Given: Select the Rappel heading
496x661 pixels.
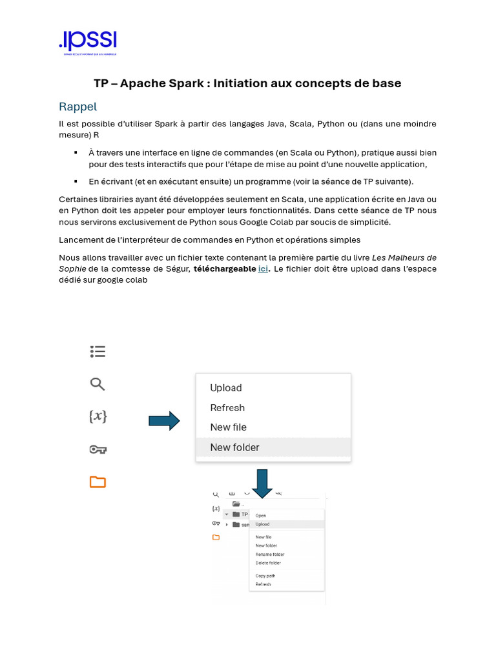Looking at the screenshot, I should click(77, 107).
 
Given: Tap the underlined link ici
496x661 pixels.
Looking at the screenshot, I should click(263, 269).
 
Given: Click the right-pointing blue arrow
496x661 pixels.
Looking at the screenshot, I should click(164, 421).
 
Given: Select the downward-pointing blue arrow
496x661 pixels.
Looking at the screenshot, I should click(262, 483).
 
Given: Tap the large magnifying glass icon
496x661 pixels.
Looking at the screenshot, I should click(98, 385).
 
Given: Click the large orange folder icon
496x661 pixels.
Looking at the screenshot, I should click(98, 482).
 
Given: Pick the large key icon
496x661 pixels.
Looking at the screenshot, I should click(98, 449).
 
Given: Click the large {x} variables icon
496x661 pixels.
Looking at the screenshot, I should click(98, 417).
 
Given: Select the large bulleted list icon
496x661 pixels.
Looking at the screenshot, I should click(98, 352).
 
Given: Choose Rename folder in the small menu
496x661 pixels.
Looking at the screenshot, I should click(270, 554).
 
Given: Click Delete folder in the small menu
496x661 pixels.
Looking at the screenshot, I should click(268, 563).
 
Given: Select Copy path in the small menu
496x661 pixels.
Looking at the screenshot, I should click(265, 576).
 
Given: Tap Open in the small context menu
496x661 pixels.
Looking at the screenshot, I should click(261, 516).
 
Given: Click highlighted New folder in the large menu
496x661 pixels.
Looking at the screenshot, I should click(234, 447).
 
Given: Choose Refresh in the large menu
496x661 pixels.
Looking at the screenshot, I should click(227, 408).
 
